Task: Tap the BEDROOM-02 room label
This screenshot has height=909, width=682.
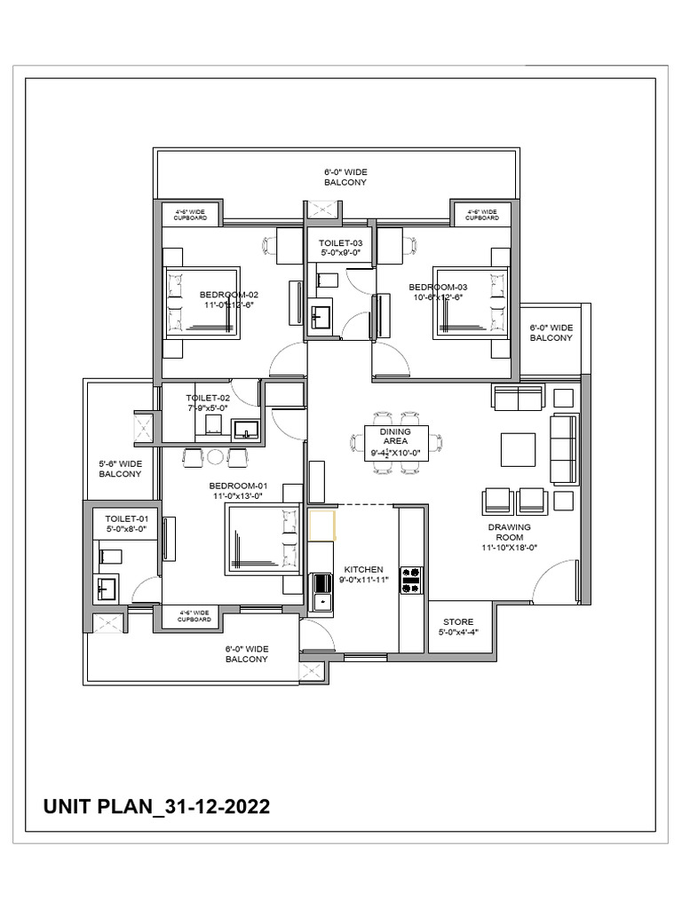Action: [x=228, y=294]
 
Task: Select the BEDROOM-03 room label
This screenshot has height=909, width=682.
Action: [x=438, y=287]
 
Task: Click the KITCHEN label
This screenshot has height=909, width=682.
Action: [x=363, y=569]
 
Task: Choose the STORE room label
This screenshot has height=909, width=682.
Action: [x=456, y=621]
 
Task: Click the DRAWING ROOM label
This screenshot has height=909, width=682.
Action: [x=509, y=532]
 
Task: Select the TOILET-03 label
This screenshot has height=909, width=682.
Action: [x=341, y=242]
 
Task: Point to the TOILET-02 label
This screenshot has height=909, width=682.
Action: [x=208, y=398]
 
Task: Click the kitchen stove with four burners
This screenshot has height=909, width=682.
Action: [x=411, y=581]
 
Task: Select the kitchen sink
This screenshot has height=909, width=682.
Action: [x=321, y=592]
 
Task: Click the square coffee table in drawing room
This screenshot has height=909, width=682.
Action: [x=518, y=449]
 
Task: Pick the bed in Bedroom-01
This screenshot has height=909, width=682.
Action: [x=263, y=539]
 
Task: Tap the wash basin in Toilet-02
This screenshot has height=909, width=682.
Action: [x=246, y=431]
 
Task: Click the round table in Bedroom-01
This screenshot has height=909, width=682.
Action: [x=215, y=457]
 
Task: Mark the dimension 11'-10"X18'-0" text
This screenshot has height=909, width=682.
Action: [x=509, y=547]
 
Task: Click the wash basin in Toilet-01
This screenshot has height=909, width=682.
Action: [x=107, y=589]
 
